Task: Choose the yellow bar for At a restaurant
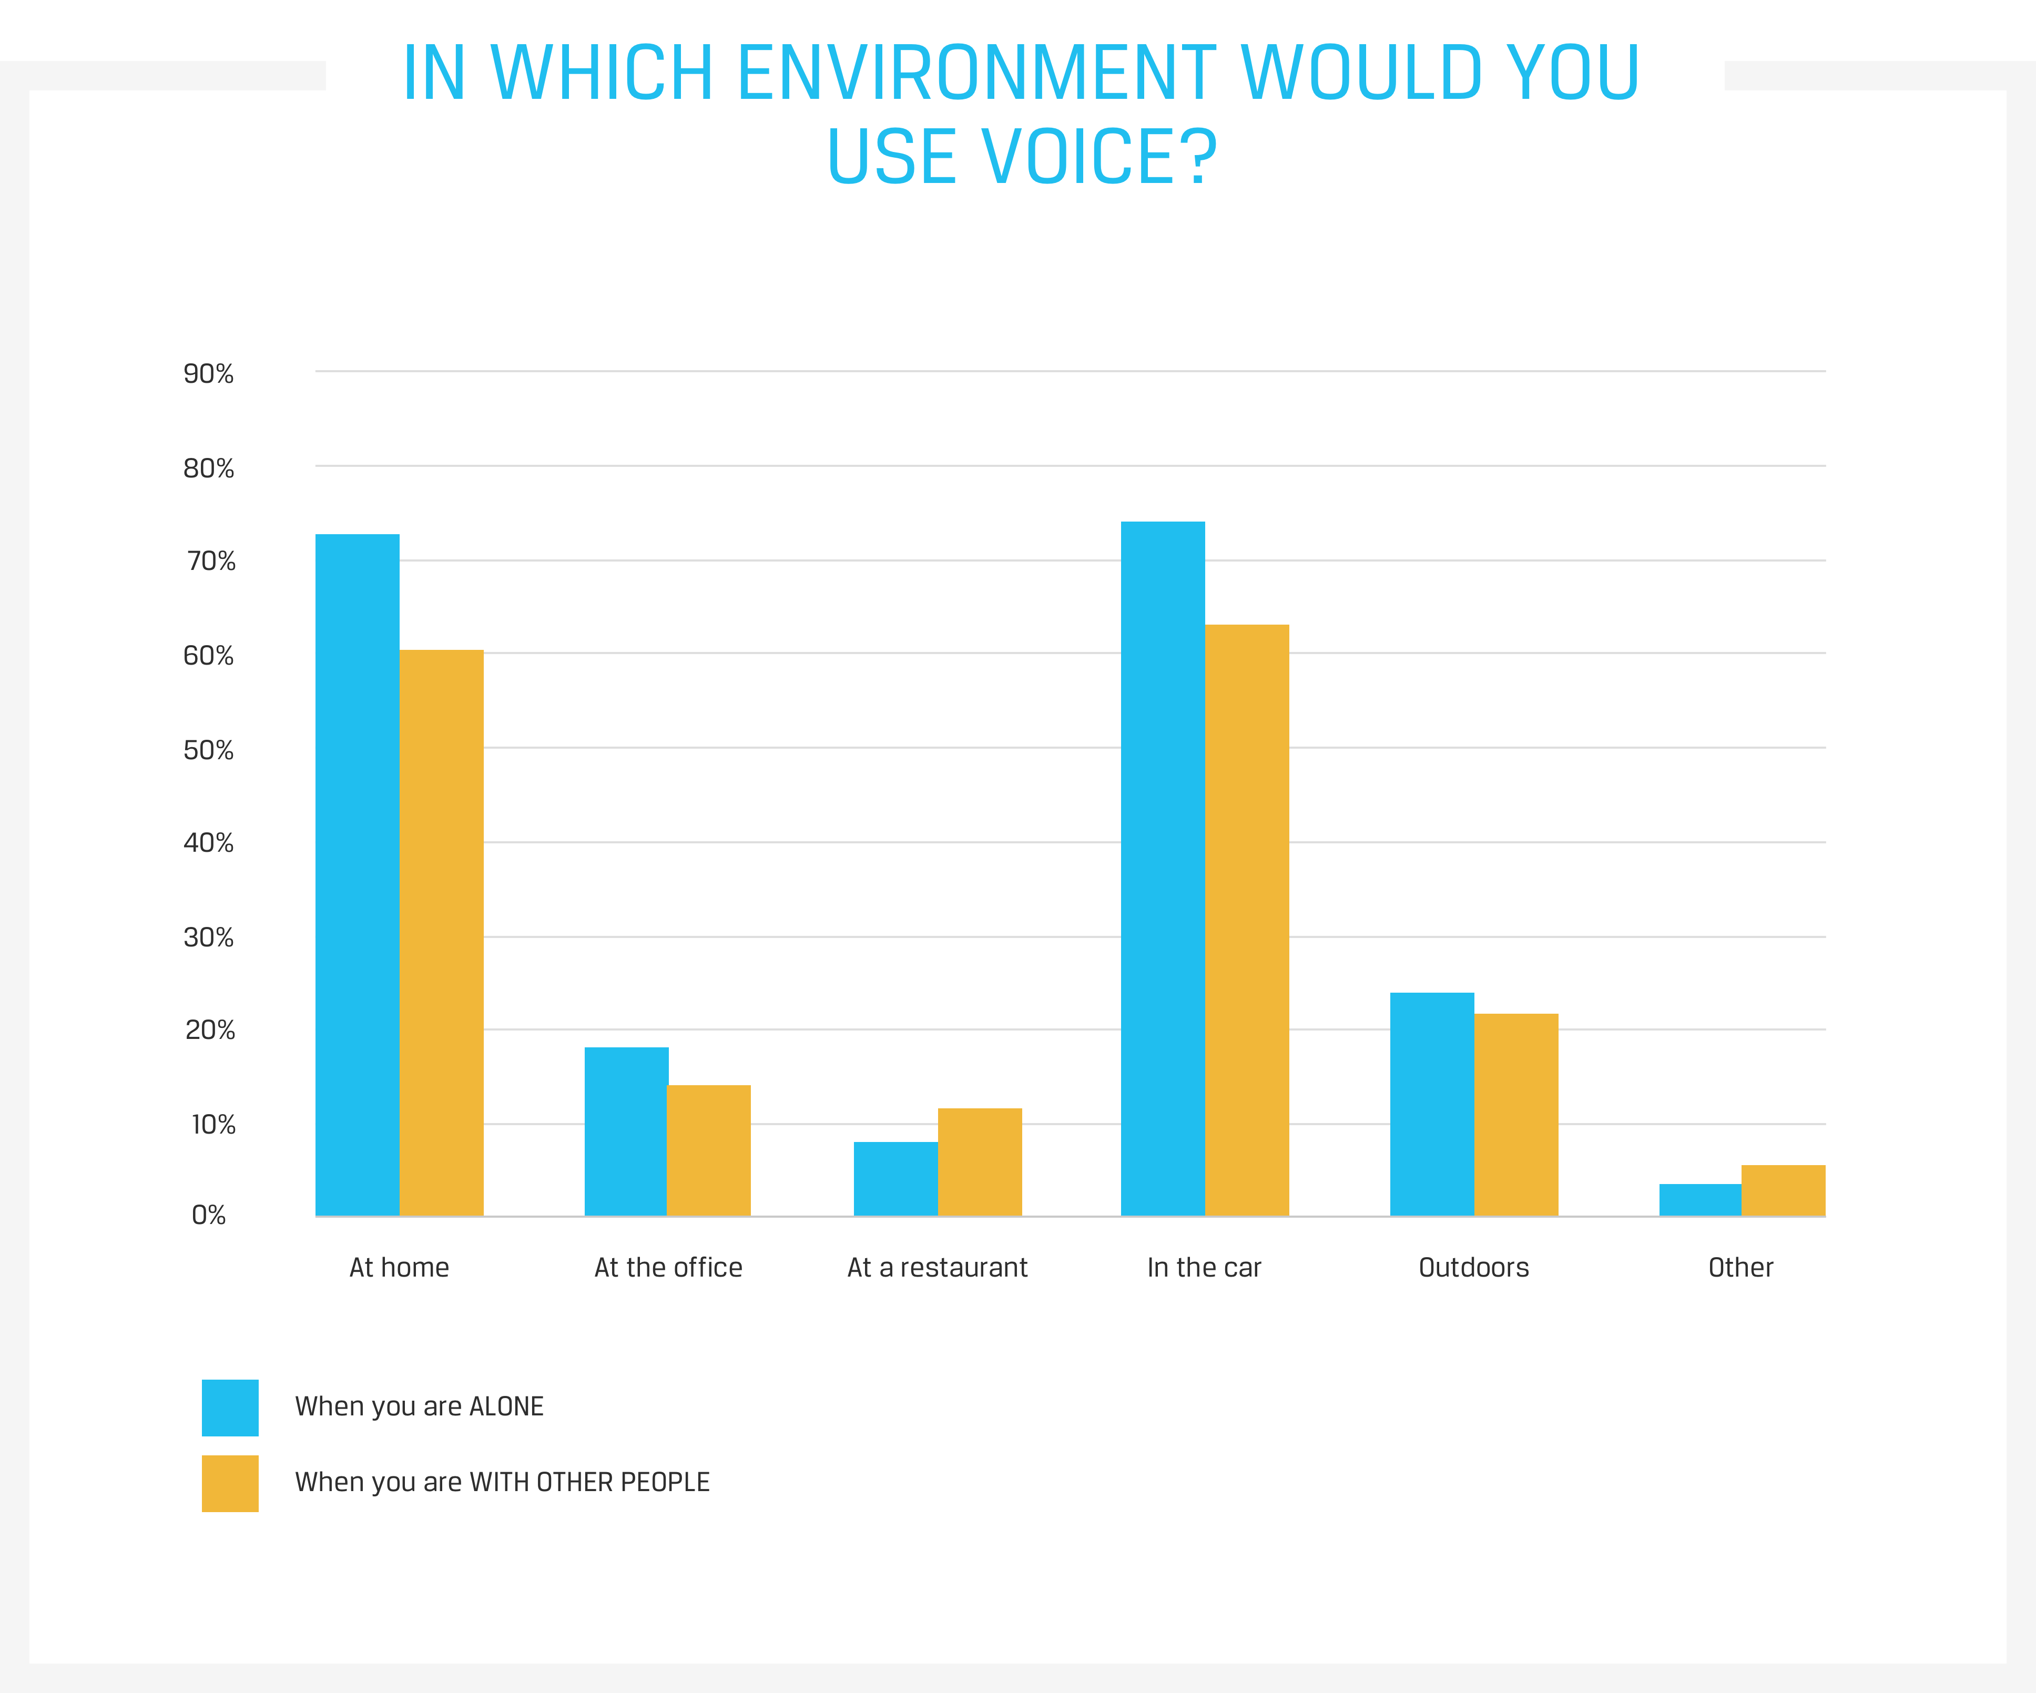point(979,1161)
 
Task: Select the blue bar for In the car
point(1163,869)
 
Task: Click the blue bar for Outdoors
point(1432,1105)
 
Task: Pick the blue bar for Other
point(1699,1200)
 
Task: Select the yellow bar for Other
point(1783,1191)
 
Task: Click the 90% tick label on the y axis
point(208,374)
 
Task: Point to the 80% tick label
point(208,470)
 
